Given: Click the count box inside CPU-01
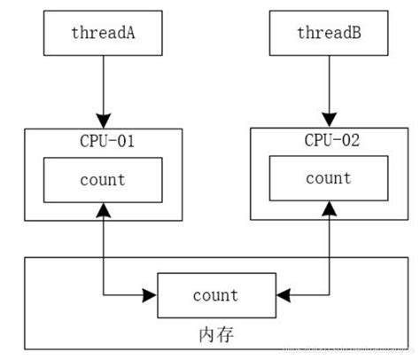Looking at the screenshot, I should pyautogui.click(x=104, y=179).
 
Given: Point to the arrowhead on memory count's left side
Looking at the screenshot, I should pyautogui.click(x=151, y=294).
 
